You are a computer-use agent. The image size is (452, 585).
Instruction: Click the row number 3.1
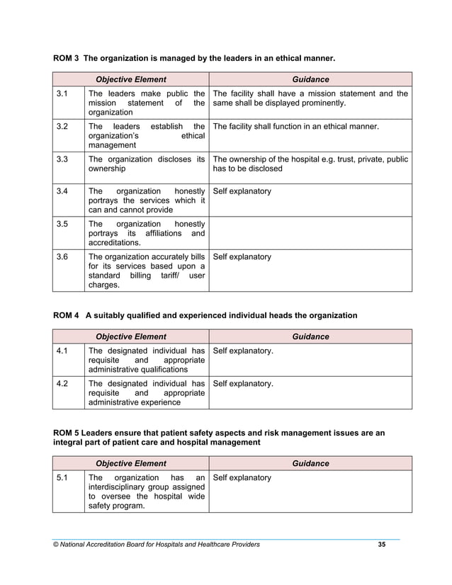tap(62, 93)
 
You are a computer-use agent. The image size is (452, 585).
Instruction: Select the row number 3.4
tap(62, 191)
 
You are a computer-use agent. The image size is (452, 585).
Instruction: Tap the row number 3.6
tap(62, 256)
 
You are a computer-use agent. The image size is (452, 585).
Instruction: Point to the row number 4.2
tap(62, 383)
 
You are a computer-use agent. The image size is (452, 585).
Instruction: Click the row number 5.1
tap(62, 477)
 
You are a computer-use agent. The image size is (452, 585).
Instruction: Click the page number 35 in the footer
tap(382, 544)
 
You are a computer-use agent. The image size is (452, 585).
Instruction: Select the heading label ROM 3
tap(66, 57)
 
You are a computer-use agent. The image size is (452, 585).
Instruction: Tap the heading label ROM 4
tap(66, 314)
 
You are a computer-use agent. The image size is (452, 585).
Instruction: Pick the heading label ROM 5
tap(66, 431)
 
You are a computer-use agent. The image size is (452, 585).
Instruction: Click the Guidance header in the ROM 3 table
tap(310, 79)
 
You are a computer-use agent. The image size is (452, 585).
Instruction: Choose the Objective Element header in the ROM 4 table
tap(130, 336)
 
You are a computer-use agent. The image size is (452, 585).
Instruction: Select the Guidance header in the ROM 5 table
tap(310, 463)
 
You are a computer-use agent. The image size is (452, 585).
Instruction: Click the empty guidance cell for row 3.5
tap(310, 232)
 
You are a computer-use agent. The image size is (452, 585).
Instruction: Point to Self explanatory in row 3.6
tap(242, 256)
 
